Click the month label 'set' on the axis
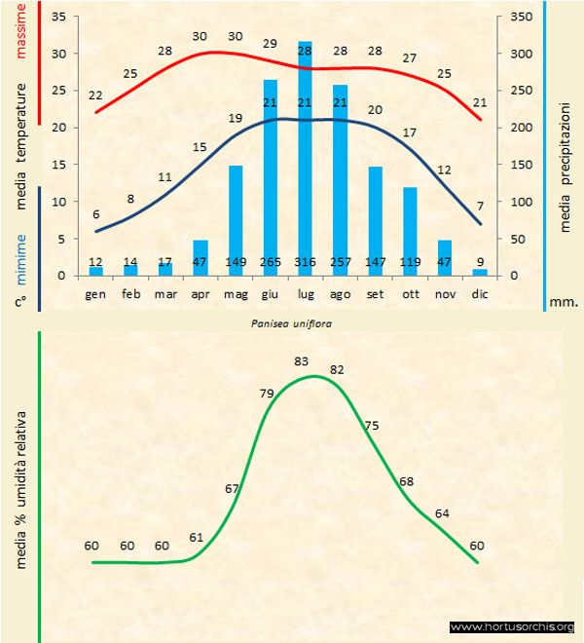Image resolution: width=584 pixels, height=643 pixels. pos(375,292)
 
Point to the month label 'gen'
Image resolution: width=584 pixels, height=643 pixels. pos(95,292)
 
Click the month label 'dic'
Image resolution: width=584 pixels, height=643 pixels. pos(479,292)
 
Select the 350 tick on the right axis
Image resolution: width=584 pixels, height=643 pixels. pos(521,18)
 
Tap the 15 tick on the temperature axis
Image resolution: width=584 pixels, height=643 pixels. pos(59,165)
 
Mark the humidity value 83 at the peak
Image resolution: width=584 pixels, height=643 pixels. pos(302,361)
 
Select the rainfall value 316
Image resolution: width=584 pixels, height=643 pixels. pos(305,263)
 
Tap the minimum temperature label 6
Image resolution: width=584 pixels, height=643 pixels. pos(95,214)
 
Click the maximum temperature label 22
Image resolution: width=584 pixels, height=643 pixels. pos(95,95)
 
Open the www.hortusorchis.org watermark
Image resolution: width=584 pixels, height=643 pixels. pos(513,626)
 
